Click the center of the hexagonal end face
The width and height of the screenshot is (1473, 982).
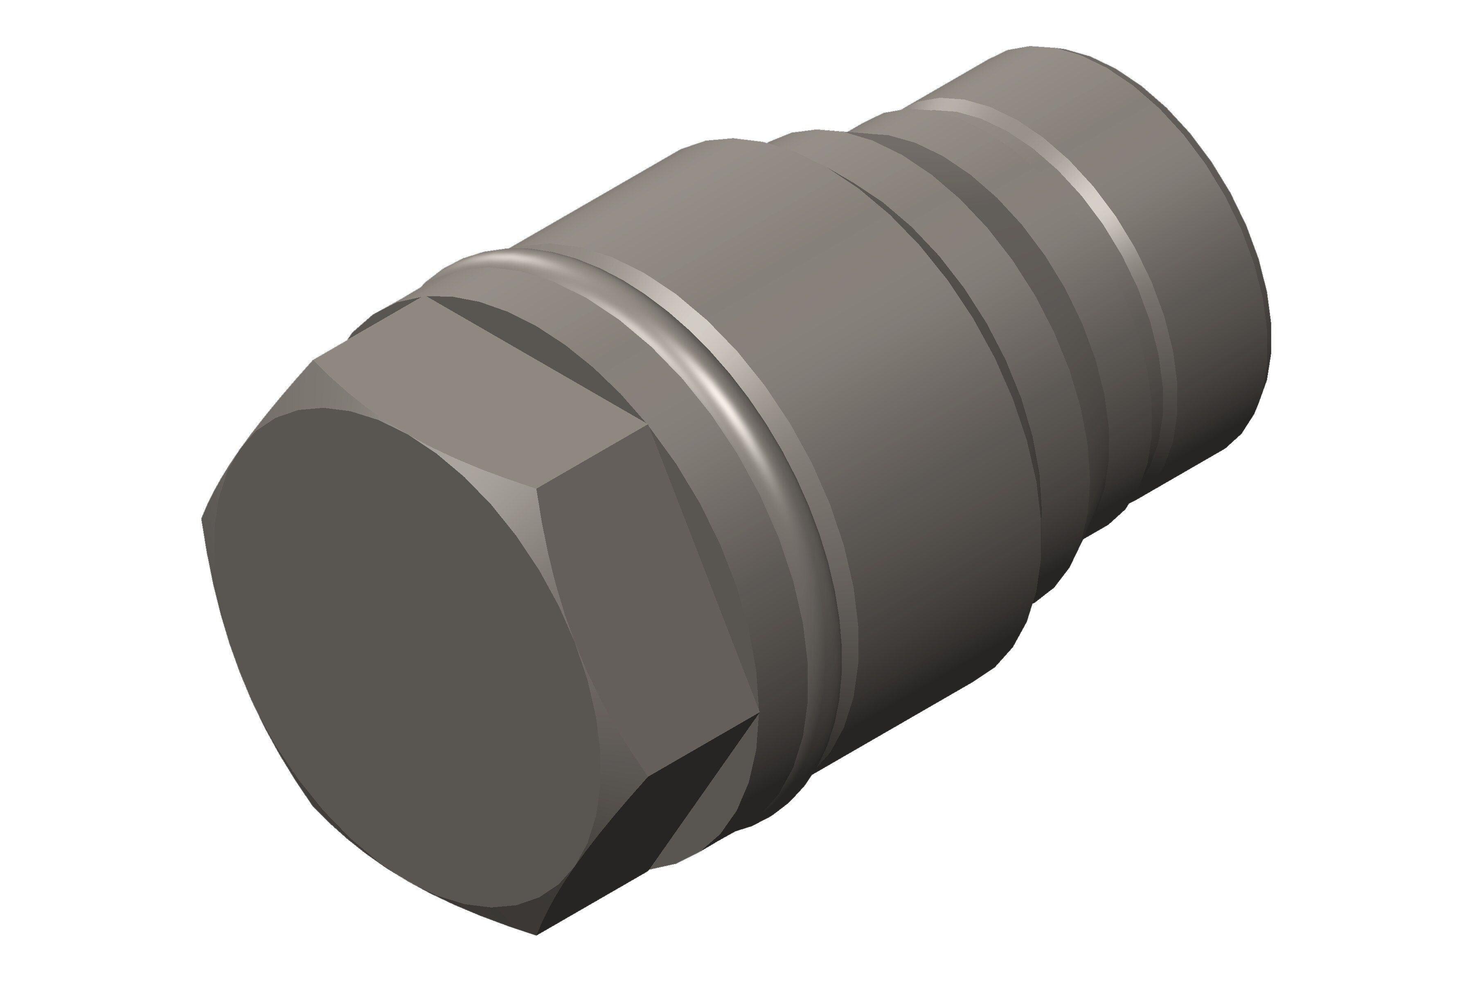tap(401, 658)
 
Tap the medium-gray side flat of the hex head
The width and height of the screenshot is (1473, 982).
tap(651, 601)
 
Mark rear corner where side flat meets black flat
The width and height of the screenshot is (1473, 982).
tap(759, 713)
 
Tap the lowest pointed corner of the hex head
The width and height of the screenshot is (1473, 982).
tap(537, 935)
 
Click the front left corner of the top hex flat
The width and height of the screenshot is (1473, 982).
tap(313, 361)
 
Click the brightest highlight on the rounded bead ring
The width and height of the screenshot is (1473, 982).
tap(727, 401)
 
